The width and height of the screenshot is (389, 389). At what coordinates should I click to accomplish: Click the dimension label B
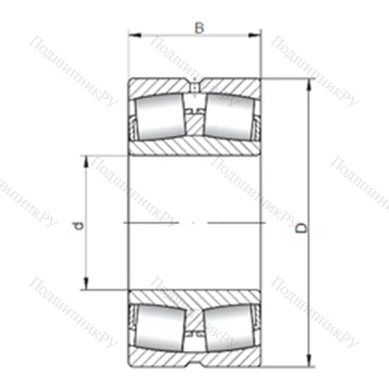[199, 28]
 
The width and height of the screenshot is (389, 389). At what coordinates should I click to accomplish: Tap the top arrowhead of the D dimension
[309, 84]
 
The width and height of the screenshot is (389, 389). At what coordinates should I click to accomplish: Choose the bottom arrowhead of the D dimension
[309, 361]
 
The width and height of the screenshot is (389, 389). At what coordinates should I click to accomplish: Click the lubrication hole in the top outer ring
[194, 86]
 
